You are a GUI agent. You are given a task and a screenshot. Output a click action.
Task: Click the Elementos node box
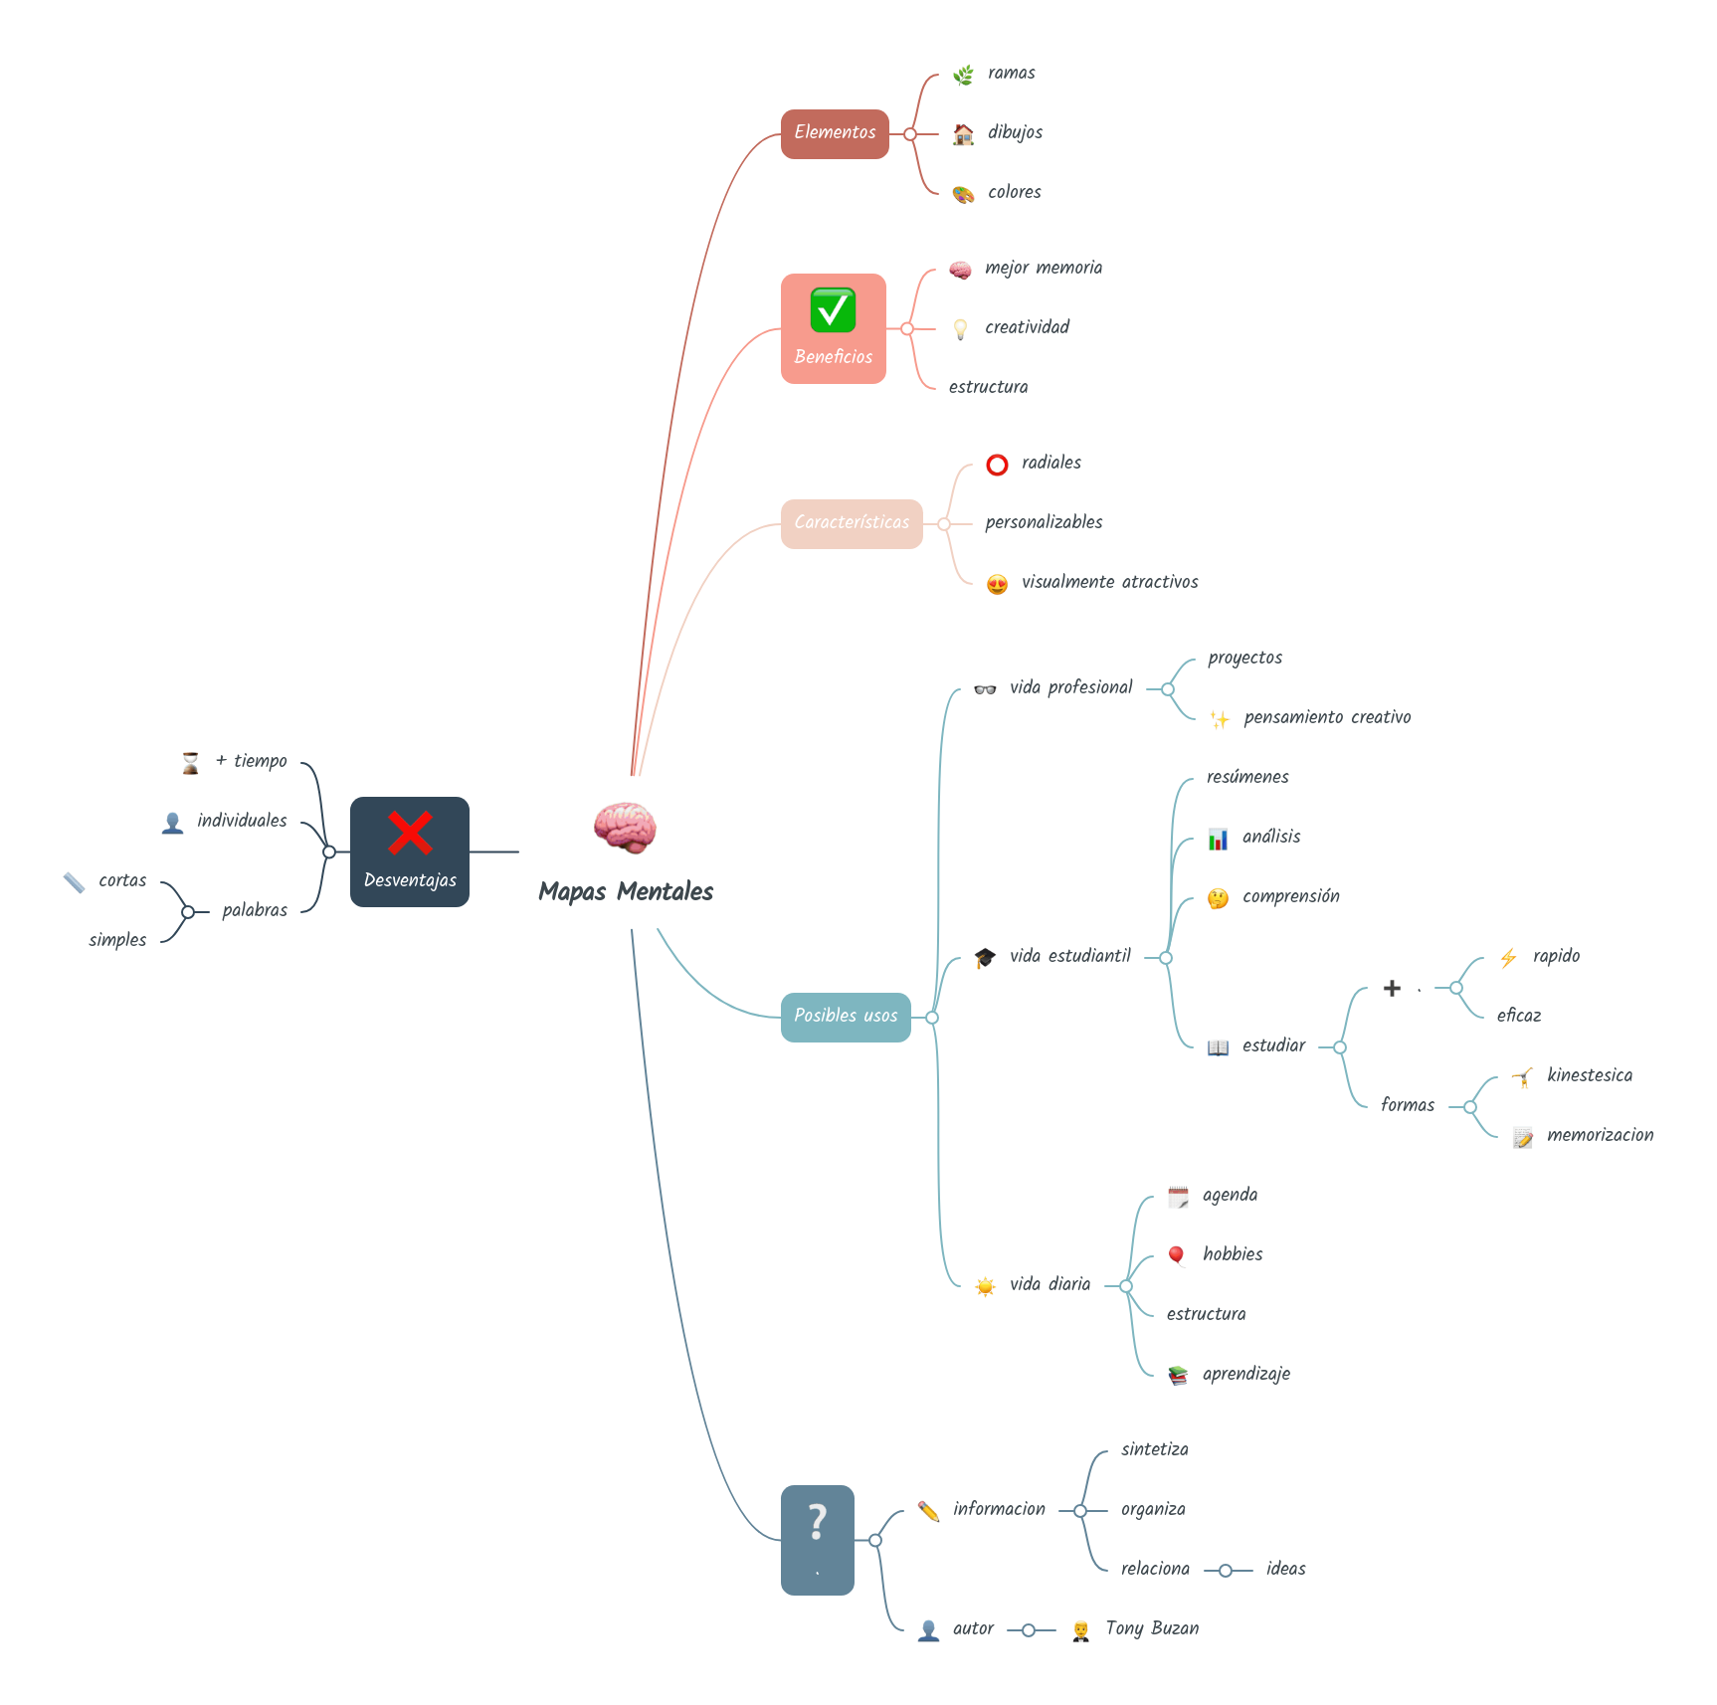pyautogui.click(x=834, y=133)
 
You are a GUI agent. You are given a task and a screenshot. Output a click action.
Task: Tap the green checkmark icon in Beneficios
pyautogui.click(x=833, y=310)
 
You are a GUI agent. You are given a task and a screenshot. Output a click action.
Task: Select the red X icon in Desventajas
pyautogui.click(x=409, y=834)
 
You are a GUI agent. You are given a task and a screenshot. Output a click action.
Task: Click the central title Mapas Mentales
pyautogui.click(x=626, y=891)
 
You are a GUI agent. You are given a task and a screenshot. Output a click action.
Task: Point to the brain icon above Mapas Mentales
pyautogui.click(x=625, y=828)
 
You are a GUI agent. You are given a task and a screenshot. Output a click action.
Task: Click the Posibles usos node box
pyautogui.click(x=846, y=1017)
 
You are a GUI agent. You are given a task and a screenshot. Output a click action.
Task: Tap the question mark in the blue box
pyautogui.click(x=817, y=1523)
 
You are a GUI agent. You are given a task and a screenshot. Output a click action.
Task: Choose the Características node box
pyautogui.click(x=852, y=523)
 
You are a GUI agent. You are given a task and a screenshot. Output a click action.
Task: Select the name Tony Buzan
pyautogui.click(x=1152, y=1628)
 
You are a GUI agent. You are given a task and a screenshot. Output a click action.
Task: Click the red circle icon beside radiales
pyautogui.click(x=997, y=465)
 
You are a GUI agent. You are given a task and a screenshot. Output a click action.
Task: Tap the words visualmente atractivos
pyautogui.click(x=1109, y=582)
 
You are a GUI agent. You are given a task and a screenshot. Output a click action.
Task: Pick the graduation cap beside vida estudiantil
pyautogui.click(x=985, y=957)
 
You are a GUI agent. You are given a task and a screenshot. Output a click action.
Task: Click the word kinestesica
pyautogui.click(x=1589, y=1075)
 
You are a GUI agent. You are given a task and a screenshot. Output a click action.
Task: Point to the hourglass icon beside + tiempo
pyautogui.click(x=190, y=763)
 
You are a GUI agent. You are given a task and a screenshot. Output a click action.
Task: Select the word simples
pyautogui.click(x=117, y=940)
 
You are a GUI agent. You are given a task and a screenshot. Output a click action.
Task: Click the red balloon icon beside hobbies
pyautogui.click(x=1177, y=1255)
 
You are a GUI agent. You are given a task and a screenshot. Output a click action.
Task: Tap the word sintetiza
pyautogui.click(x=1154, y=1449)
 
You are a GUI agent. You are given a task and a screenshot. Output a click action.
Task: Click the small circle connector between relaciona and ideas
pyautogui.click(x=1226, y=1571)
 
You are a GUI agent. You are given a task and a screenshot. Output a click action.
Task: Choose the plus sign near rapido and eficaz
pyautogui.click(x=1392, y=988)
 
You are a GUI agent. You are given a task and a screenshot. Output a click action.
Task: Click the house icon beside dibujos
pyautogui.click(x=963, y=134)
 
